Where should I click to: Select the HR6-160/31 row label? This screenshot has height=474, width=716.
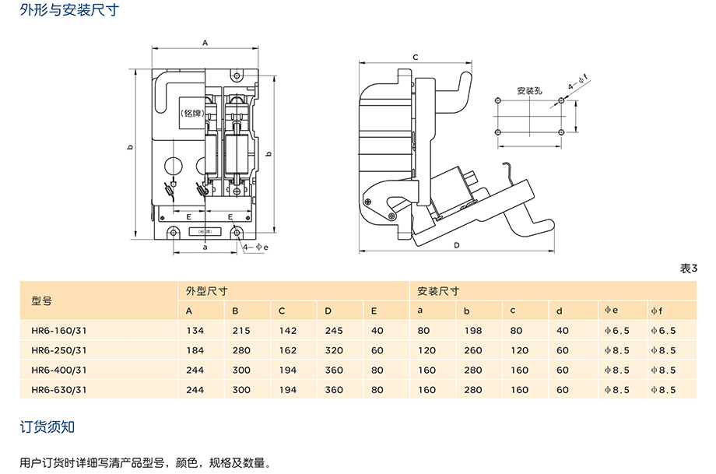[59, 330]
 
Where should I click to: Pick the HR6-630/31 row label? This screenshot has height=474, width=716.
[59, 390]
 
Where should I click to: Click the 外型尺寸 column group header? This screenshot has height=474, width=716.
[206, 291]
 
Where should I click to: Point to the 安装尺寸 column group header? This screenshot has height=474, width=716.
[438, 291]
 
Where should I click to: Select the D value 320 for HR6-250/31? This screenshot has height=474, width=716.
[334, 350]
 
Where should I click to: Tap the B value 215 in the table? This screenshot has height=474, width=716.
[240, 330]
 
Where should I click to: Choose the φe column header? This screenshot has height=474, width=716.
[612, 311]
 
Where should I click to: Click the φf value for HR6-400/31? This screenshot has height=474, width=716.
[663, 370]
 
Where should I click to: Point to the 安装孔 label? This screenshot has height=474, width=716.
[529, 91]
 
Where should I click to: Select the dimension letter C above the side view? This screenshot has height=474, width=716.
[416, 58]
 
